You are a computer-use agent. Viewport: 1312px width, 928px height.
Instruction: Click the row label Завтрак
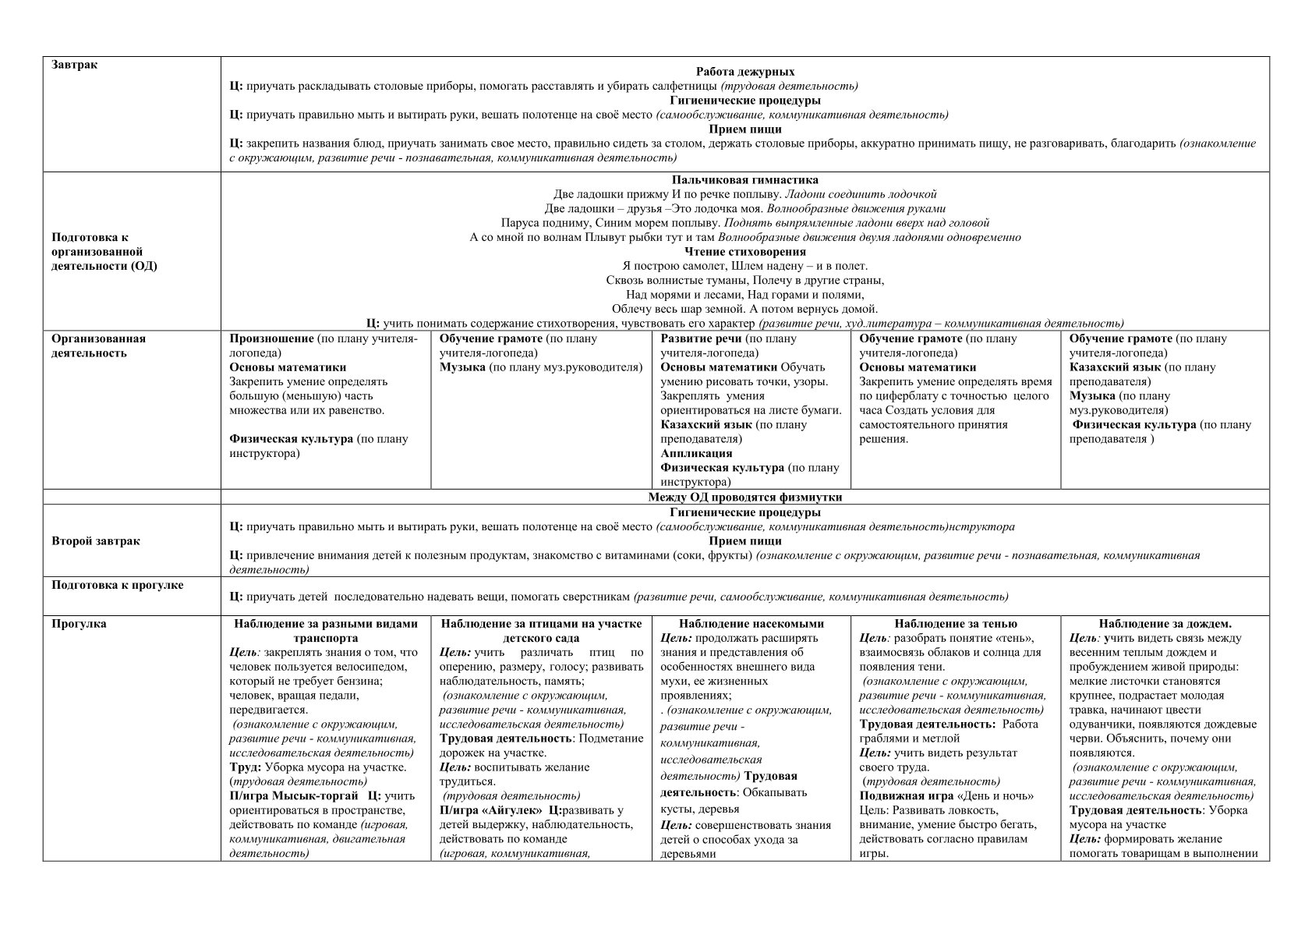coord(75,65)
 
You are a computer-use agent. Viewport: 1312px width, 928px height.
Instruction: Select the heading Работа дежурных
coord(745,72)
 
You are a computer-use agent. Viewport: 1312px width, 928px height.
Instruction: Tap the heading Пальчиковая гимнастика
coord(745,180)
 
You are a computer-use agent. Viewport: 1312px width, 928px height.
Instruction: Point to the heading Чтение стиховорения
coord(745,252)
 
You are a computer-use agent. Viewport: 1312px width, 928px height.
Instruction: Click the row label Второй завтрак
coord(96,541)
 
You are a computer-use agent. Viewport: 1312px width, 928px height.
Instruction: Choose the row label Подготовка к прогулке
coord(118,585)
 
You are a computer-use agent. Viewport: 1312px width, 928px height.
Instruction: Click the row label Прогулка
coord(80,624)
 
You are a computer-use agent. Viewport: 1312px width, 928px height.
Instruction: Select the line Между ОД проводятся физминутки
coord(745,498)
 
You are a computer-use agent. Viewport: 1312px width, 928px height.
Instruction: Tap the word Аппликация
coord(696,453)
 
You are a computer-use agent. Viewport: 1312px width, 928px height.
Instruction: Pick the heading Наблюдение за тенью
coord(956,624)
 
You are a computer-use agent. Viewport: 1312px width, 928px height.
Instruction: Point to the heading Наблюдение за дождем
coord(1165,624)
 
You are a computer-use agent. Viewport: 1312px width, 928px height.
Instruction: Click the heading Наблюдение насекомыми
coord(751,624)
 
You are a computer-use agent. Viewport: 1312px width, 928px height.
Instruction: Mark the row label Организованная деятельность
coord(99,345)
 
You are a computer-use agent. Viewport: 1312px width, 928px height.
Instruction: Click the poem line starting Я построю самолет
coord(745,266)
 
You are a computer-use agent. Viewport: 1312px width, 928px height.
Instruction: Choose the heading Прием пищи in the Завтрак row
coord(745,129)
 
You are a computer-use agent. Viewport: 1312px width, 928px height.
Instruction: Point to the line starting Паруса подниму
coord(745,223)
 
